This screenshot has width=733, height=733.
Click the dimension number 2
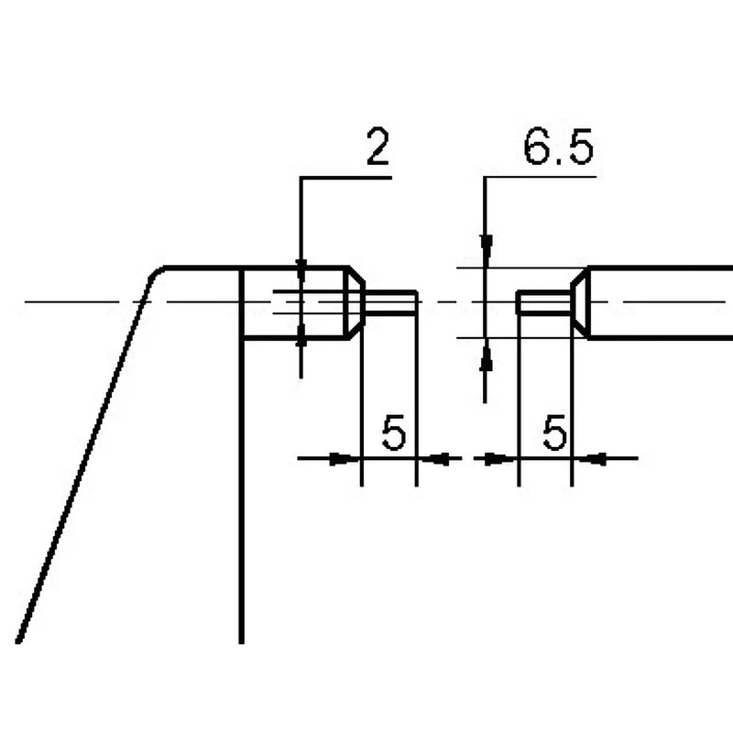coord(377,147)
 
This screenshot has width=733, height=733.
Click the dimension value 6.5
coord(558,147)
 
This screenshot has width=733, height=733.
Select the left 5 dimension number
coord(394,432)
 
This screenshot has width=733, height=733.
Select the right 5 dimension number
coord(555,432)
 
